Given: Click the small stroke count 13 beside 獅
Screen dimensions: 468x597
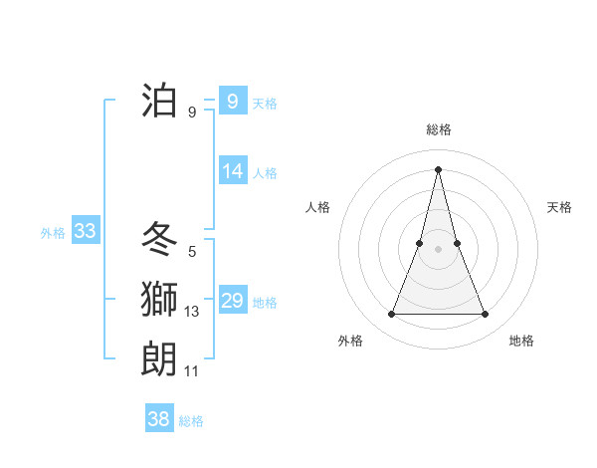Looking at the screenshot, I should pyautogui.click(x=192, y=312).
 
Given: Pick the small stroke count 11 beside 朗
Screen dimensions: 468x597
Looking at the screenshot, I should pyautogui.click(x=192, y=371).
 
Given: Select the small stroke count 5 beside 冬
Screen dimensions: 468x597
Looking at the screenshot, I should pyautogui.click(x=192, y=252).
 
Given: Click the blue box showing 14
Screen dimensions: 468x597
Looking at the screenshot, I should pyautogui.click(x=233, y=171).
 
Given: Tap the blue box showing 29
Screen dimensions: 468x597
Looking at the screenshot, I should pyautogui.click(x=233, y=301).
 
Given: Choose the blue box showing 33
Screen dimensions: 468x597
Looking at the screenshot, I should pyautogui.click(x=85, y=232).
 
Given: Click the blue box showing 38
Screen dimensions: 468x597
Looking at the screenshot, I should pyautogui.click(x=158, y=419).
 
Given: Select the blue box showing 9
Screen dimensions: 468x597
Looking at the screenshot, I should pyautogui.click(x=233, y=102).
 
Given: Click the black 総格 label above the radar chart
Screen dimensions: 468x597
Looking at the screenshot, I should pyautogui.click(x=438, y=129).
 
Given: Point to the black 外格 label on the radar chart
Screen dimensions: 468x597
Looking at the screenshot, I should pyautogui.click(x=350, y=341).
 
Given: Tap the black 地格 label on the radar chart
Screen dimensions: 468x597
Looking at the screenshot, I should pyautogui.click(x=521, y=341).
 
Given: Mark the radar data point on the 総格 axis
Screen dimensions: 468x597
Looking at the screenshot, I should pyautogui.click(x=438, y=168).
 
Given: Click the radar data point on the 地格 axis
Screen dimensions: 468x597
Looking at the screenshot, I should pyautogui.click(x=485, y=315).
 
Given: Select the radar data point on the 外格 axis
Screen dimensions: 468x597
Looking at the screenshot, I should pyautogui.click(x=391, y=315).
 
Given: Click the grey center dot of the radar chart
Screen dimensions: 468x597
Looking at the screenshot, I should pyautogui.click(x=438, y=249).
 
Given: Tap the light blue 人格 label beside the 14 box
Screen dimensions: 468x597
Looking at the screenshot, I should pyautogui.click(x=265, y=173).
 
